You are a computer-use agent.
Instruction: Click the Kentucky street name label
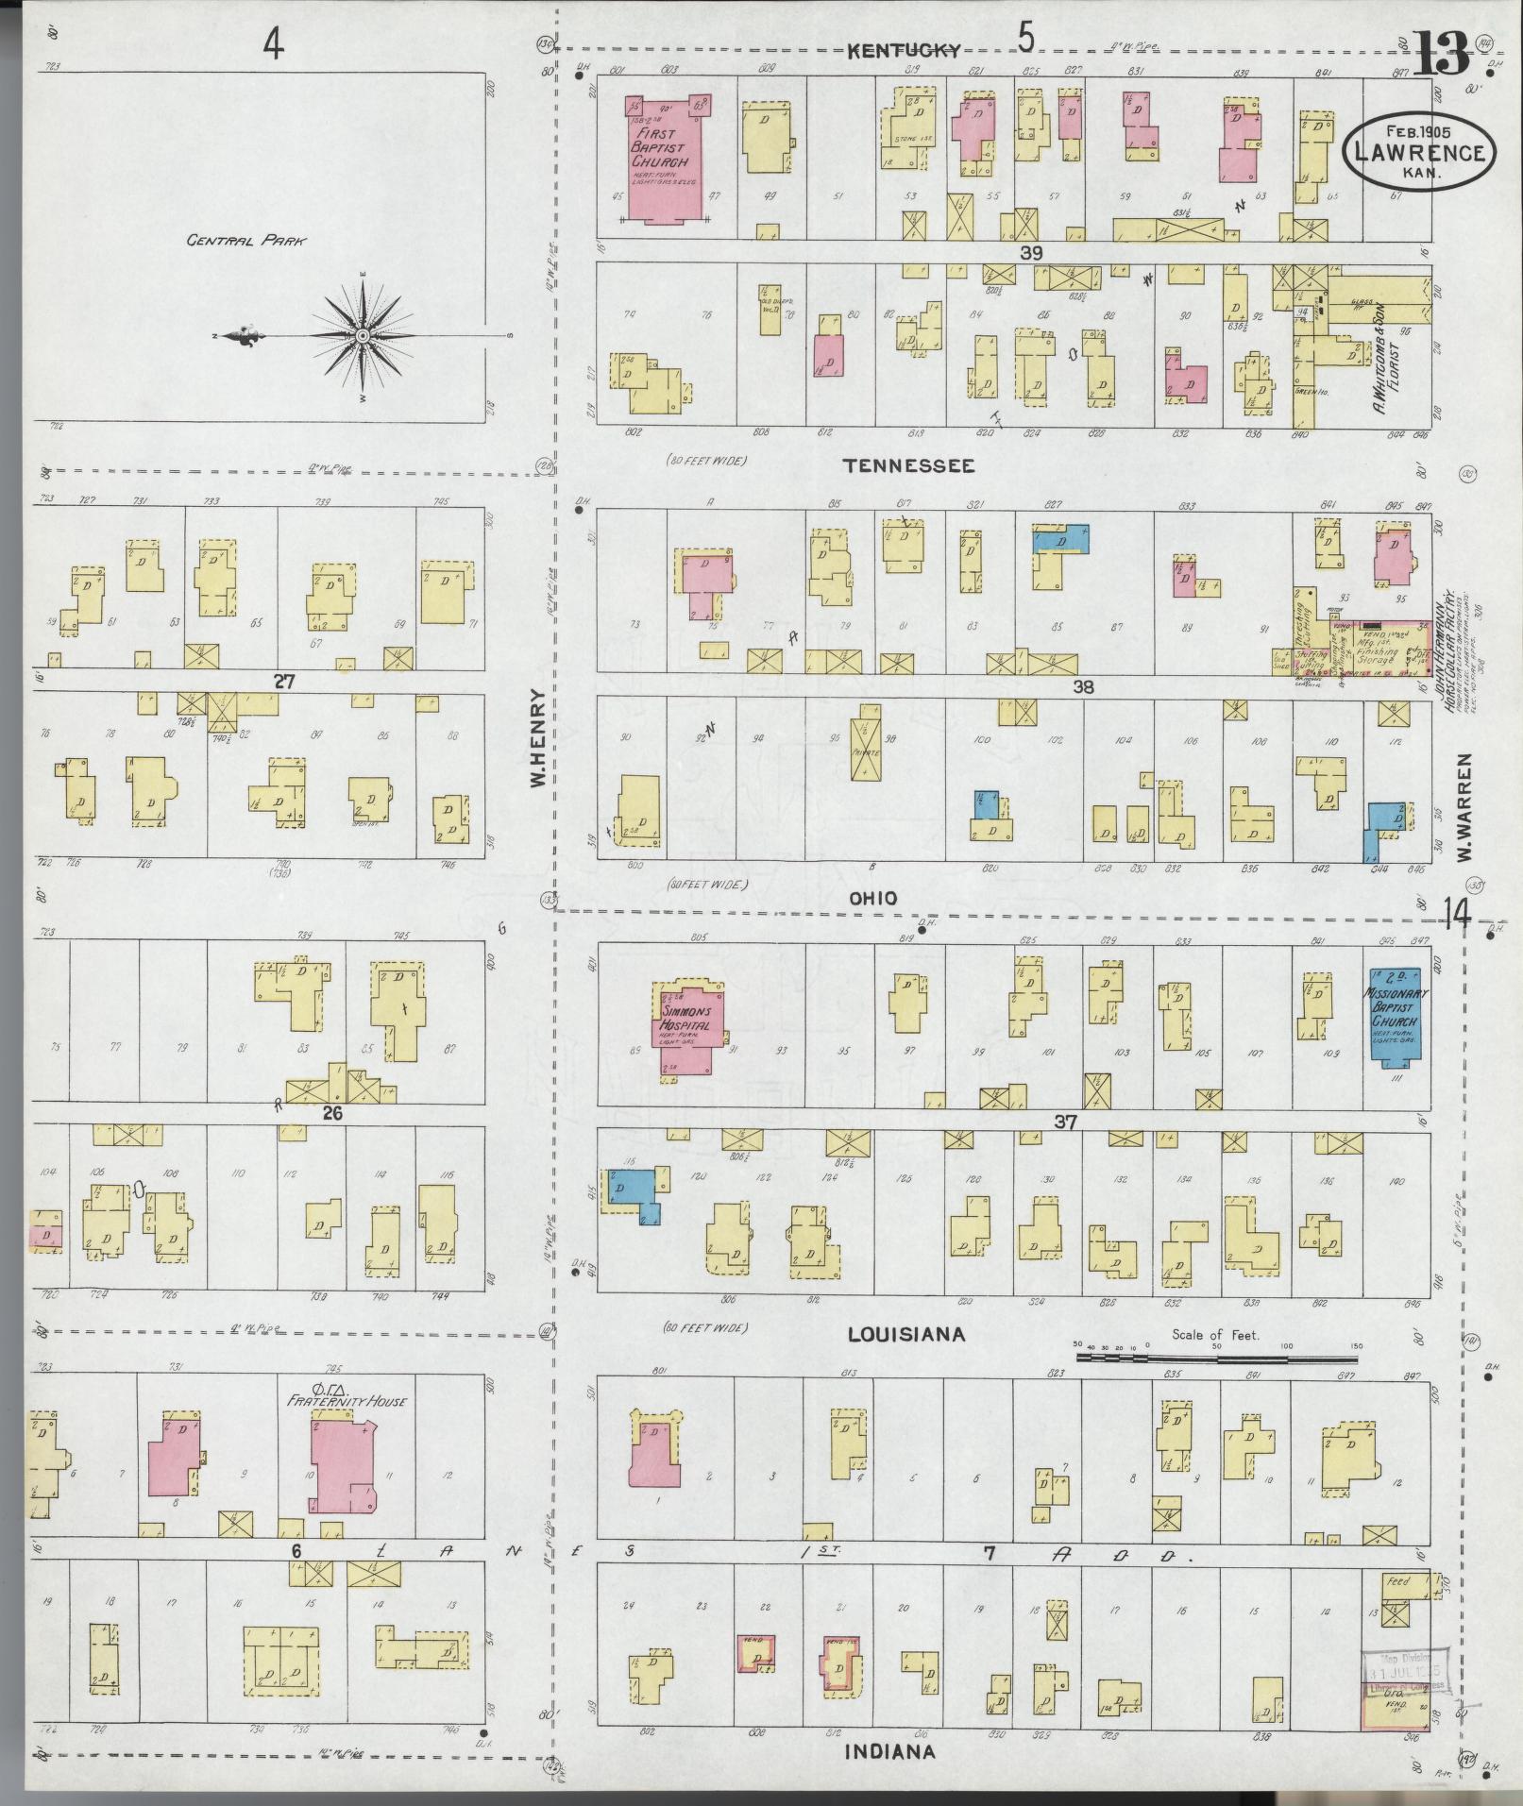[x=903, y=51]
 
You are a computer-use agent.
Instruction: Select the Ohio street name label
[x=872, y=899]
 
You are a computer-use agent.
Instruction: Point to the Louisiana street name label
[x=905, y=1334]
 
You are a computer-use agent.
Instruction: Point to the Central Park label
[x=246, y=241]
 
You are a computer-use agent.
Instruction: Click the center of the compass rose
[x=363, y=336]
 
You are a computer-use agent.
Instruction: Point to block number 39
[x=1030, y=252]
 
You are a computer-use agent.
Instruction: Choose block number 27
[x=284, y=680]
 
